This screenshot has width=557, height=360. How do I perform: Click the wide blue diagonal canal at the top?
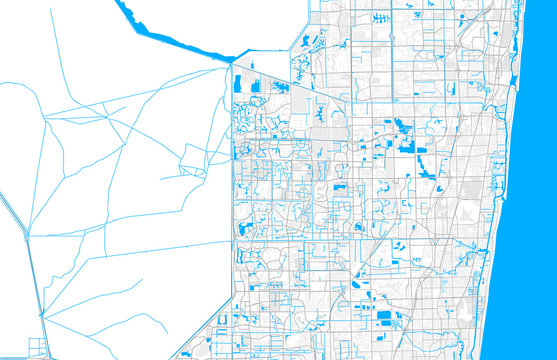[x=170, y=38]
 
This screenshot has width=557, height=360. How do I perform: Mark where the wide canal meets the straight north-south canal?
[x=231, y=63]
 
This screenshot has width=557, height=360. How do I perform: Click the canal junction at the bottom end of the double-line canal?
[x=42, y=316]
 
